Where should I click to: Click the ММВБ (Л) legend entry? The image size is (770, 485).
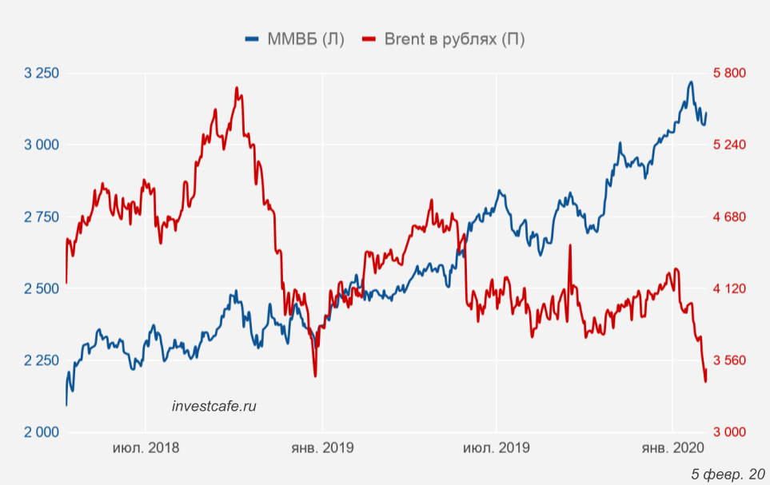coord(294,39)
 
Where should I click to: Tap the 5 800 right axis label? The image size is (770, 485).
coord(728,73)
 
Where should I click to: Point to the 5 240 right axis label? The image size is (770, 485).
coord(728,145)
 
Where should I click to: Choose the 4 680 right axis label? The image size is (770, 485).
coord(728,217)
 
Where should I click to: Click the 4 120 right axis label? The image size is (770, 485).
coord(728,288)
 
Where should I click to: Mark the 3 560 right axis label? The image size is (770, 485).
coord(728,360)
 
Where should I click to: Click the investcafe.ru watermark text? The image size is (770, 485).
coord(214,406)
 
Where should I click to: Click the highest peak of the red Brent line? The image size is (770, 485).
coord(237,88)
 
